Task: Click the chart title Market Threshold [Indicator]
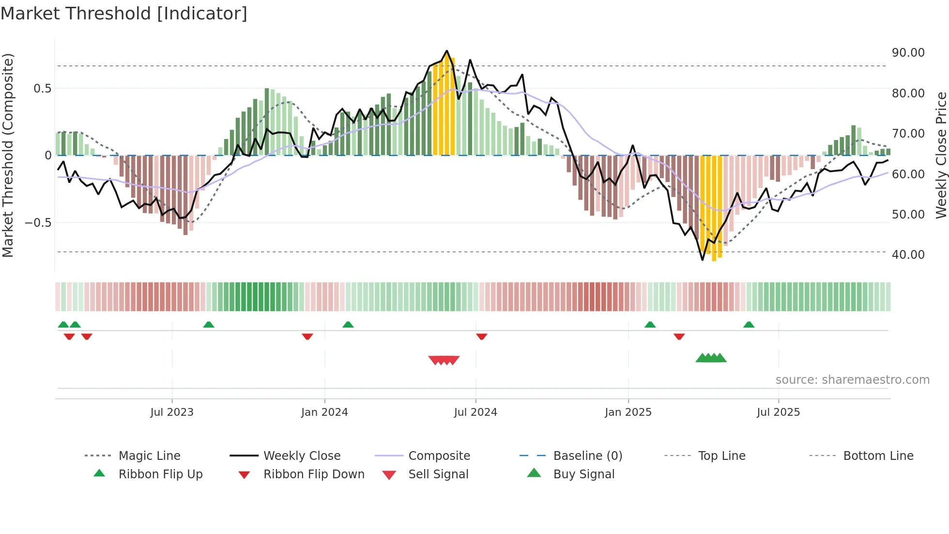[x=124, y=14]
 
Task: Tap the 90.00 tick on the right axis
[x=908, y=53]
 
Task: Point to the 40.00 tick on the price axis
[x=908, y=254]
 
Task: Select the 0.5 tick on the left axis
[x=42, y=89]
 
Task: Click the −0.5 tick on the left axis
[x=38, y=223]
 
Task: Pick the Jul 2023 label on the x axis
[x=172, y=412]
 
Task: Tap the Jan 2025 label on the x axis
[x=628, y=412]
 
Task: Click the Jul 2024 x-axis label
[x=475, y=412]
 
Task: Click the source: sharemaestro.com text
[x=852, y=380]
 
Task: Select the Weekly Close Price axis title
[x=941, y=155]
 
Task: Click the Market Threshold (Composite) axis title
[x=8, y=155]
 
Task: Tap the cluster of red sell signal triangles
[x=444, y=360]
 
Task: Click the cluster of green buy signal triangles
[x=711, y=358]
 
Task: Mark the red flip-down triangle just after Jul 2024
[x=481, y=336]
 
